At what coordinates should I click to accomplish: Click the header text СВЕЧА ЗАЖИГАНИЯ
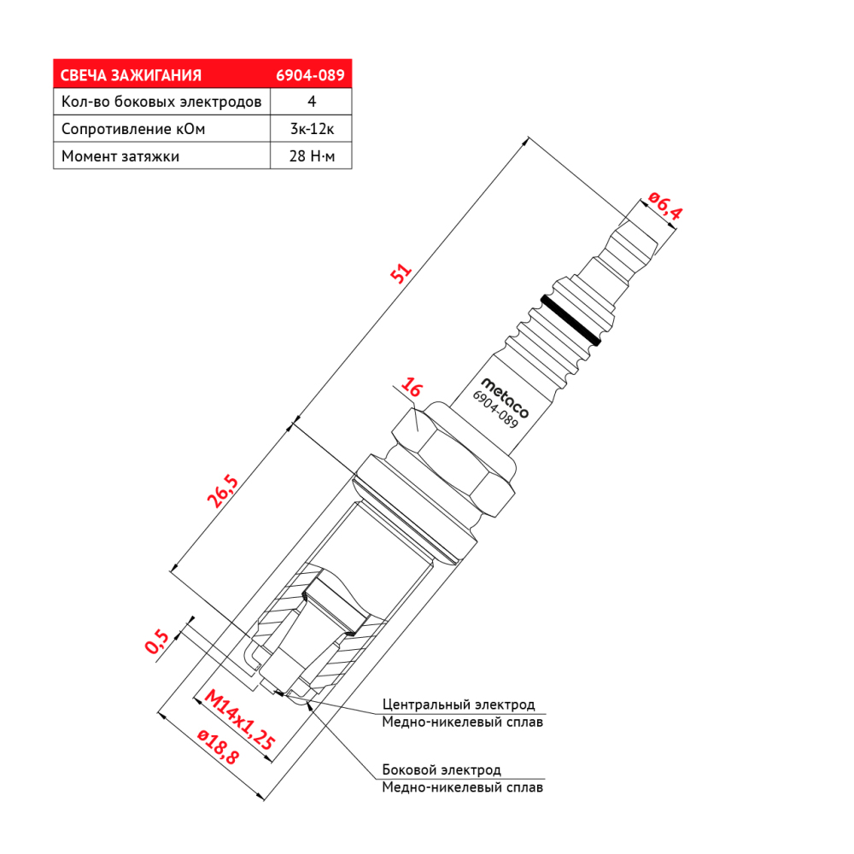(x=131, y=75)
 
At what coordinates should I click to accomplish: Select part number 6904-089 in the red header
(x=310, y=75)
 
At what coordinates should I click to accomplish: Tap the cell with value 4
(x=312, y=102)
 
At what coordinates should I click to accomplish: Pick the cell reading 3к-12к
(x=312, y=129)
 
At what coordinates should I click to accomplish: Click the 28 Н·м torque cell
(x=312, y=155)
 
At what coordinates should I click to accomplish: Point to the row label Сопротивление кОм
(x=133, y=129)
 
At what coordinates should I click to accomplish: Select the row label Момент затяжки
(x=120, y=156)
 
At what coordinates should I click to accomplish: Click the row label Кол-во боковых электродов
(x=161, y=102)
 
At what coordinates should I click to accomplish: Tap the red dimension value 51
(x=401, y=273)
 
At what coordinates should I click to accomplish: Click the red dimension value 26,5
(x=223, y=491)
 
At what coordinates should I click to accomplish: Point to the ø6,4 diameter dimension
(x=665, y=206)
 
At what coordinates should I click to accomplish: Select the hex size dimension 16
(x=411, y=387)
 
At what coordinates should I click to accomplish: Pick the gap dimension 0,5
(x=157, y=641)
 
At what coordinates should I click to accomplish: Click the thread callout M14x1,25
(x=240, y=719)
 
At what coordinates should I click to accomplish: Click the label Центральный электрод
(x=459, y=705)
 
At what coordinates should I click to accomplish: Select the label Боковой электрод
(x=442, y=770)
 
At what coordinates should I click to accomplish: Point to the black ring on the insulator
(x=570, y=320)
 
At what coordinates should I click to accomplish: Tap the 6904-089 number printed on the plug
(x=495, y=410)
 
